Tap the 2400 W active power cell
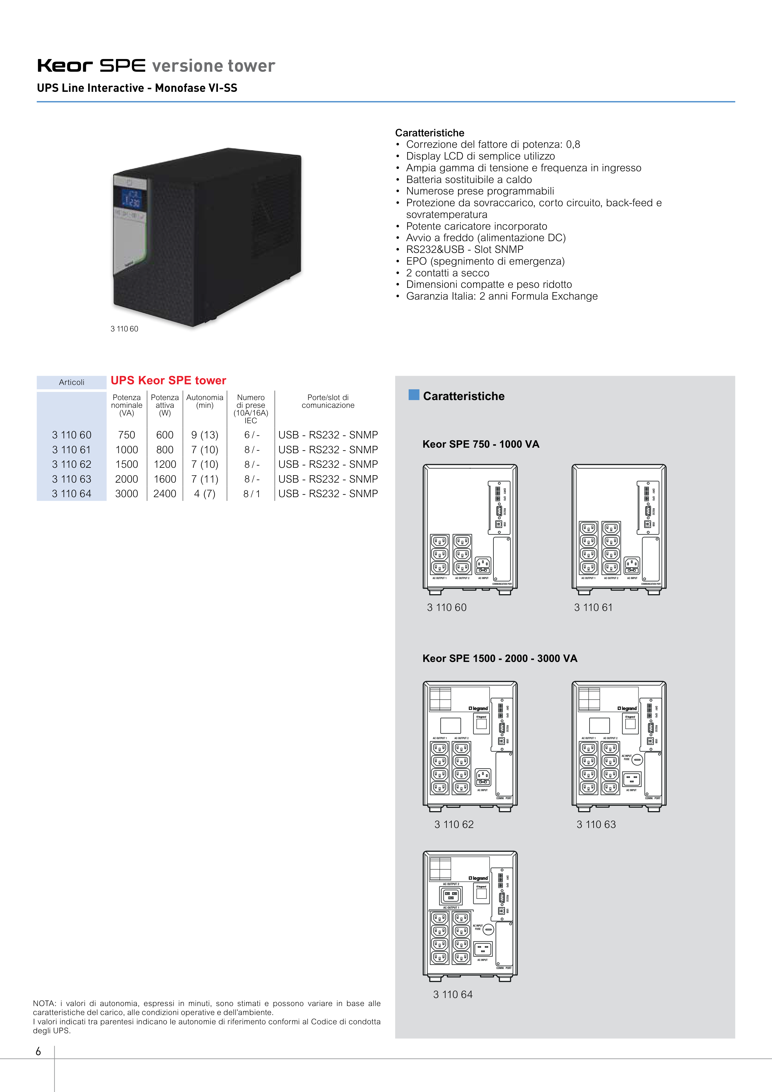tap(164, 494)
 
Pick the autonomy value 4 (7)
tap(205, 494)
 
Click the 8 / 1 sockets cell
tap(252, 494)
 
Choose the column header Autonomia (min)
tap(205, 401)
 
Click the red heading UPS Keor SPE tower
tap(168, 381)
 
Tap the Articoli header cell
tap(71, 382)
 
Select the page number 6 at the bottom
tap(39, 1051)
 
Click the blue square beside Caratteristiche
tap(414, 395)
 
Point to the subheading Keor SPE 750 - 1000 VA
tap(481, 444)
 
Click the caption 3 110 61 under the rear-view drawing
tap(593, 607)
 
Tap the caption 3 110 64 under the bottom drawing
tap(453, 995)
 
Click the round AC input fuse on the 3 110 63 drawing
tap(638, 760)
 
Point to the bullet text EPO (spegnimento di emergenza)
tap(485, 261)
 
